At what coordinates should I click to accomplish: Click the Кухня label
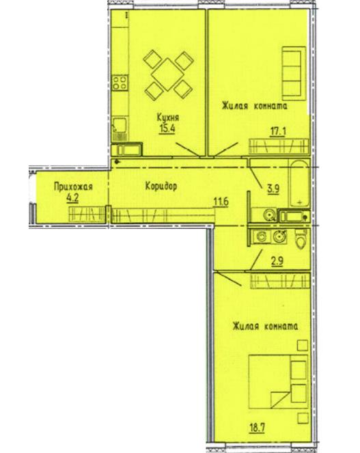(168, 118)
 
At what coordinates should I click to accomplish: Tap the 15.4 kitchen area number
(167, 128)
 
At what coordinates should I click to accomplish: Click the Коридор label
(161, 187)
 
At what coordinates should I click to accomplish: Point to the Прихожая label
(73, 187)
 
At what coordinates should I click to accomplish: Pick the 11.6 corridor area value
(221, 201)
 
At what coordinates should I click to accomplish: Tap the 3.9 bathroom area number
(273, 189)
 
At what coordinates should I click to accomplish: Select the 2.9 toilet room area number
(277, 261)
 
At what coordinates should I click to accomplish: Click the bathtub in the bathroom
(299, 183)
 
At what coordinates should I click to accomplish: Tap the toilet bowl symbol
(301, 239)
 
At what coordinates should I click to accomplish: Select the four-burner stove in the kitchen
(120, 83)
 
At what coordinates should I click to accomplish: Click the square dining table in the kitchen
(167, 74)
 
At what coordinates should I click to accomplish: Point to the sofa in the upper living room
(294, 73)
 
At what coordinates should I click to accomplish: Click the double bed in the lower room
(279, 382)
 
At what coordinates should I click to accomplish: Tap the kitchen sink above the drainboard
(119, 124)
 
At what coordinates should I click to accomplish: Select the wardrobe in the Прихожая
(86, 215)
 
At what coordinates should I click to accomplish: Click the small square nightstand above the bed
(302, 346)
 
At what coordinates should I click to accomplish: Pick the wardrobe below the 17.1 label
(279, 146)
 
